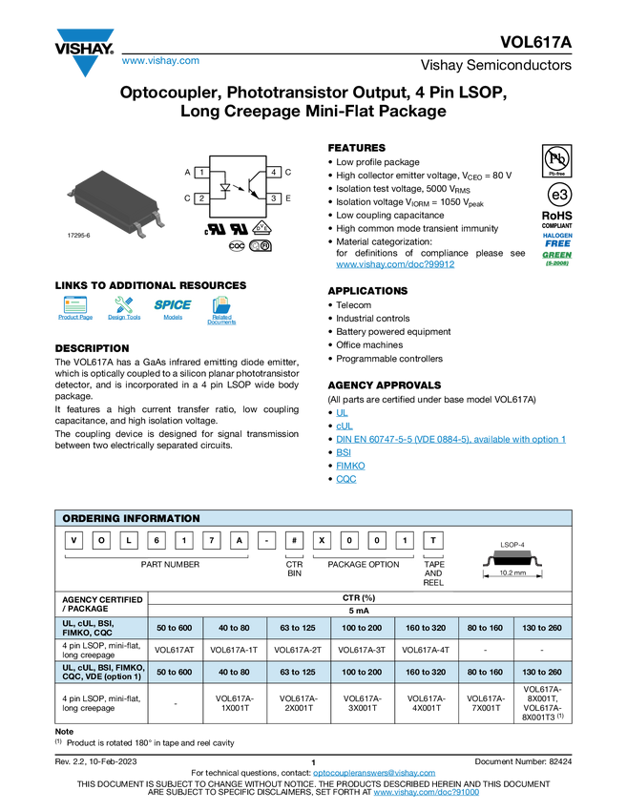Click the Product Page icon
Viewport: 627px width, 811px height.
point(75,310)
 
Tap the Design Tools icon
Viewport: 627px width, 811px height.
point(124,310)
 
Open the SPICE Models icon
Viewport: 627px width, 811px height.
point(173,310)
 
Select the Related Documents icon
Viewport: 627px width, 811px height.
point(221,310)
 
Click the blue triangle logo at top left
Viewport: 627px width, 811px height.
point(86,66)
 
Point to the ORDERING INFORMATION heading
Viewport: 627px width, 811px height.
point(131,518)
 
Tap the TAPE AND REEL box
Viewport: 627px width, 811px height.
point(433,572)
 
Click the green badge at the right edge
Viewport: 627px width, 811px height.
point(557,258)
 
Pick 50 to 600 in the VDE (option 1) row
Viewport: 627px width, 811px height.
point(175,672)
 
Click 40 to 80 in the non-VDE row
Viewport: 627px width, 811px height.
point(235,627)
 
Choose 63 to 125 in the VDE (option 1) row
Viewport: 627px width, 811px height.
point(298,672)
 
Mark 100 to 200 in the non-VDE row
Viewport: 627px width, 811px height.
point(362,627)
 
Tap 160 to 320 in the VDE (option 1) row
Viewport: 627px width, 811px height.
point(426,672)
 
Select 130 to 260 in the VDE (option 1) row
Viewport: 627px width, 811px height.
point(542,672)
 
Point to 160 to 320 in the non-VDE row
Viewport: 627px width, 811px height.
point(426,627)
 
